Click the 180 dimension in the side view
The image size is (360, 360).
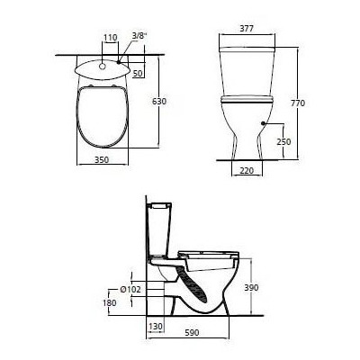[109, 302]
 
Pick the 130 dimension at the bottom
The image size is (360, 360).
[154, 327]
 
